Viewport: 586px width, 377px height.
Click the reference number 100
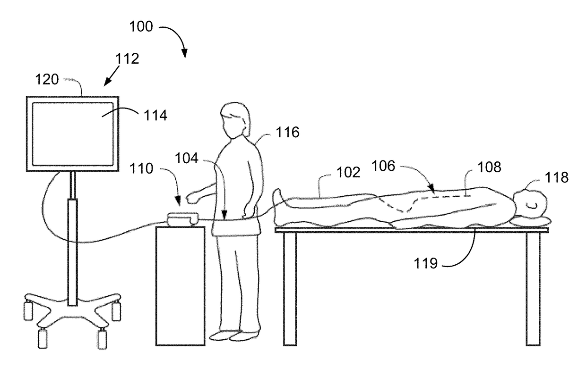point(142,27)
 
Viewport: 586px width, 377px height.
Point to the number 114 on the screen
point(155,115)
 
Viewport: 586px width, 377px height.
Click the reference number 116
point(287,133)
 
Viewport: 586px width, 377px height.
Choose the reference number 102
point(349,173)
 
